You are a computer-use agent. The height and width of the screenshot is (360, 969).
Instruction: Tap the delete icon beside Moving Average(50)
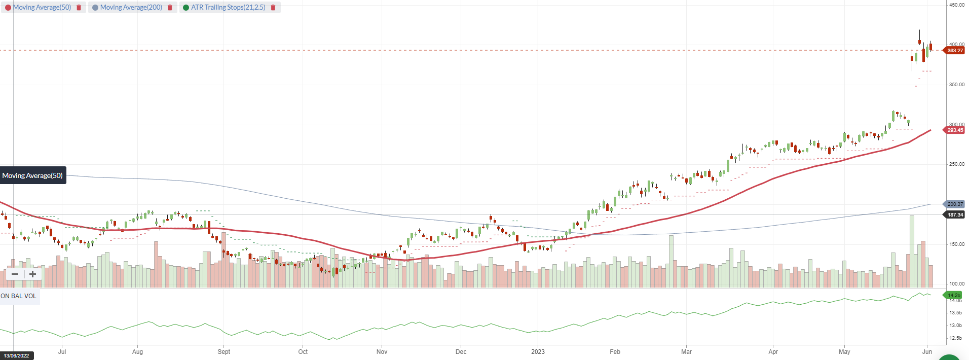pyautogui.click(x=79, y=8)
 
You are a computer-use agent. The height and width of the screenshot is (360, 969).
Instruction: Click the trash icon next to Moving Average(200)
pyautogui.click(x=170, y=8)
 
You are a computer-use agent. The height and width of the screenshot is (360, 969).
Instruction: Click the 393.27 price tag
pyautogui.click(x=954, y=50)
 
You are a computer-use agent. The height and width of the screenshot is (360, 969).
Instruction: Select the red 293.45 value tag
pyautogui.click(x=954, y=130)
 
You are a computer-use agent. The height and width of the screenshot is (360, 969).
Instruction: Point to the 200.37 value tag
pyautogui.click(x=954, y=204)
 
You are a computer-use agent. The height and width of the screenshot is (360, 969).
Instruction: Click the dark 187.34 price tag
pyautogui.click(x=954, y=215)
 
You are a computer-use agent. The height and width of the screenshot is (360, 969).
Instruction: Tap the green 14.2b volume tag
pyautogui.click(x=953, y=295)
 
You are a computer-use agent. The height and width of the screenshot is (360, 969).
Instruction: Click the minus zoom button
pyautogui.click(x=15, y=274)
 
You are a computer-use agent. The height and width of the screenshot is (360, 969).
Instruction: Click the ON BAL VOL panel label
pyautogui.click(x=19, y=296)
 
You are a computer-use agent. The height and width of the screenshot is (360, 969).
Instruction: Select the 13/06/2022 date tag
pyautogui.click(x=17, y=355)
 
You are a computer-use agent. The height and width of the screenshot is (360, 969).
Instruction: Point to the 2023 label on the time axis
pyautogui.click(x=538, y=352)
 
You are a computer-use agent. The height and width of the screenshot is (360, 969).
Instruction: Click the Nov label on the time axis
pyautogui.click(x=382, y=352)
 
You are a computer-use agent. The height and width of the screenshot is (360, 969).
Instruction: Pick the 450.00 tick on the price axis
pyautogui.click(x=957, y=5)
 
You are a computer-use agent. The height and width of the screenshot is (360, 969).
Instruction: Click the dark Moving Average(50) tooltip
pyautogui.click(x=32, y=175)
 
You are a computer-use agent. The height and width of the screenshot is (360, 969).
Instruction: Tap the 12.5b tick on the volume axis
pyautogui.click(x=955, y=338)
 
